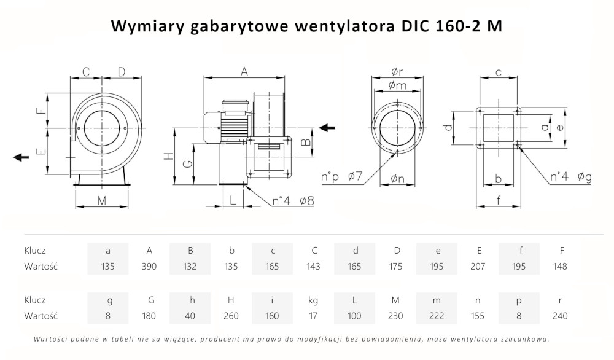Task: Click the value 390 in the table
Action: (x=149, y=267)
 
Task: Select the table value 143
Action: (x=314, y=267)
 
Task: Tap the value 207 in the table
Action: (x=478, y=267)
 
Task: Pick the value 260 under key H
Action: (x=231, y=316)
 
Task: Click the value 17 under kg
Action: (x=314, y=316)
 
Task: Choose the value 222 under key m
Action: (x=437, y=316)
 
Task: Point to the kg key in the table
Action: (x=314, y=300)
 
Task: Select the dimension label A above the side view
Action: (x=244, y=71)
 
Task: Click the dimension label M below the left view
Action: (x=102, y=200)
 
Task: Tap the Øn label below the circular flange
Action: (x=398, y=179)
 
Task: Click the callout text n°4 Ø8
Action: (x=293, y=200)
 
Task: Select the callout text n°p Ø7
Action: (x=342, y=178)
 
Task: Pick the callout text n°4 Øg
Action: (x=570, y=178)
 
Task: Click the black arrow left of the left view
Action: (x=21, y=157)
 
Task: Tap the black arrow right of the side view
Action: (x=327, y=128)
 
